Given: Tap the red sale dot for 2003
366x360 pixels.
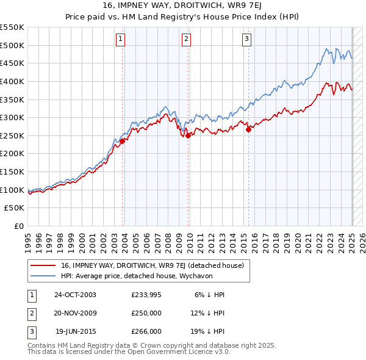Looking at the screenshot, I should (123, 141).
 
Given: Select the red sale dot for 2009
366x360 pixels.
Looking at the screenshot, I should (188, 135).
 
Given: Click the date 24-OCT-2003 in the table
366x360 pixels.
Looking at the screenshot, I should (75, 295).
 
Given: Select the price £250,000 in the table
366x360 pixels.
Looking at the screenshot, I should (146, 313).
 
